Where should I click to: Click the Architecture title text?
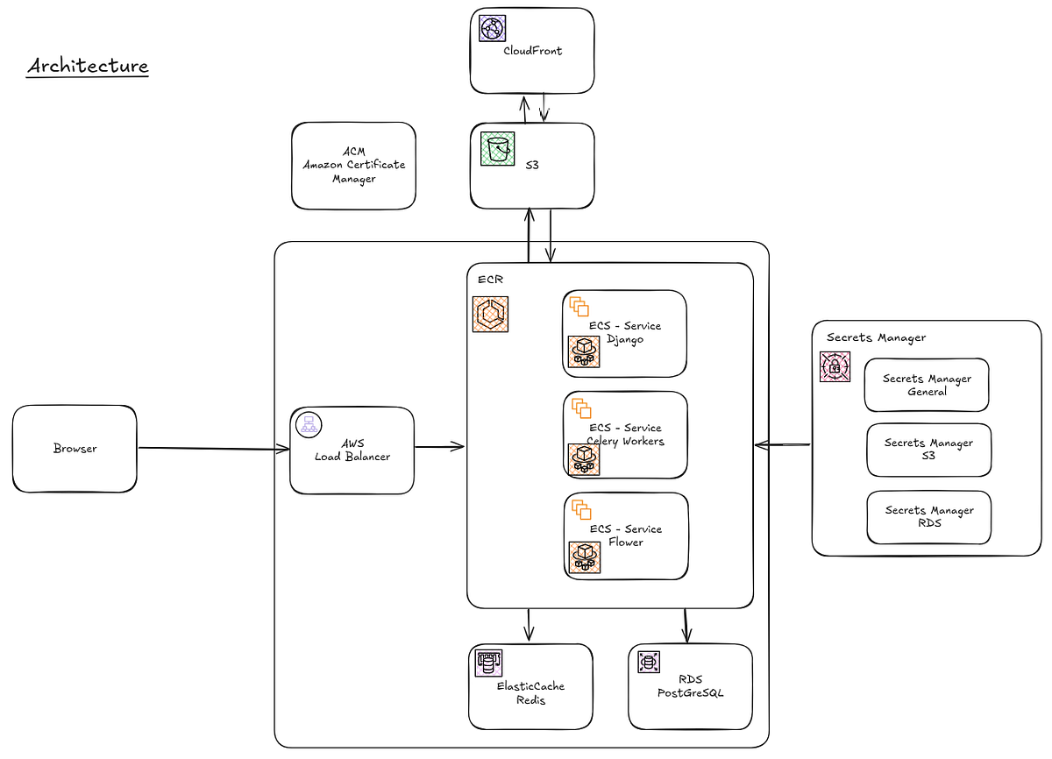coord(88,67)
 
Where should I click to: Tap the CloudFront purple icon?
coord(493,28)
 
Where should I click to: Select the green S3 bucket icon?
coord(497,149)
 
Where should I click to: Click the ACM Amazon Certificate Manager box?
coord(353,166)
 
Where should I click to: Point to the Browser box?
coord(75,449)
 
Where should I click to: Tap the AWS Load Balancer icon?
coord(307,425)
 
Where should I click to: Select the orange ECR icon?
coord(490,314)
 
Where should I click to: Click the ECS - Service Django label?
coord(625,332)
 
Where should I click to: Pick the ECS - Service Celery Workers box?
coord(625,435)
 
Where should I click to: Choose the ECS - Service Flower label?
coord(625,536)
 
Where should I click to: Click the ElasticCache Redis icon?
coord(488,663)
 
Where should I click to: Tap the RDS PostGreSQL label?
coord(691,686)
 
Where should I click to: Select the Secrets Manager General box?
coord(927,385)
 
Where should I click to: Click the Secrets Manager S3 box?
coord(928,450)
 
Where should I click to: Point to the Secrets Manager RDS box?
coord(928,516)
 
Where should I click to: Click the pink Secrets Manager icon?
coord(835,367)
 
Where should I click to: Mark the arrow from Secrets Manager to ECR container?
coord(782,445)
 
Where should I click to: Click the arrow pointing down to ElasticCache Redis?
coord(529,625)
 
